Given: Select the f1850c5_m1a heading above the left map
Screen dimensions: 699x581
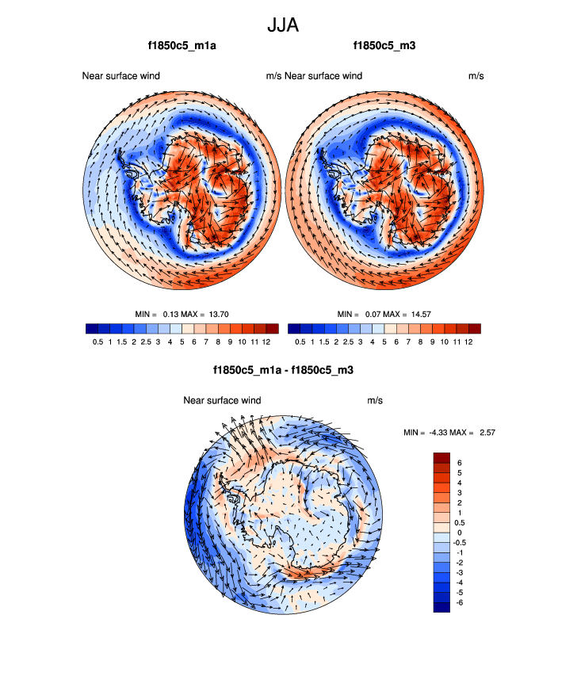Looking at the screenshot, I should tap(182, 46).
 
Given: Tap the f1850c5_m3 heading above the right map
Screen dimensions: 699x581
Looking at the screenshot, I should tap(384, 46).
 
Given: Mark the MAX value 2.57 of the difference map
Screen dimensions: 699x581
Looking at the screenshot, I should tap(484, 432).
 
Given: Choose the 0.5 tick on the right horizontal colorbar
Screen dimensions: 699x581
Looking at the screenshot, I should tap(300, 342).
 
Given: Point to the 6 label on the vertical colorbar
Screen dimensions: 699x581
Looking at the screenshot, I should tap(459, 462).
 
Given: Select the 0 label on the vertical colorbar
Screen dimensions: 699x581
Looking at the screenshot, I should tap(459, 532).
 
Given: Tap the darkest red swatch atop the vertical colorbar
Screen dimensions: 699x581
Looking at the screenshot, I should tap(441, 457).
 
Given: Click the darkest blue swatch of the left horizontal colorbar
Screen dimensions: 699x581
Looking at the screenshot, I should tap(90, 328).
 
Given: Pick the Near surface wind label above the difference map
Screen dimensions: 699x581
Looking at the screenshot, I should tap(222, 400).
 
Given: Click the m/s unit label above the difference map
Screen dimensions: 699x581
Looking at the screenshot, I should tap(375, 400).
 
